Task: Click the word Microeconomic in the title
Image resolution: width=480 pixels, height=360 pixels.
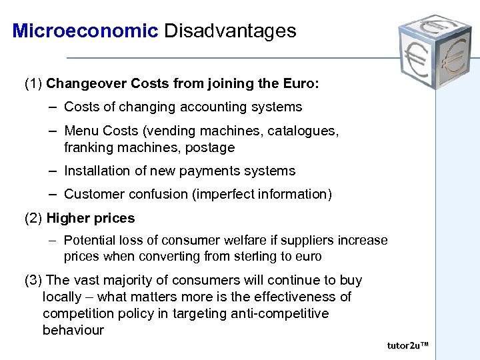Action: (x=85, y=31)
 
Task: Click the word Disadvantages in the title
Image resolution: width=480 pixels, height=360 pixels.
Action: (x=230, y=31)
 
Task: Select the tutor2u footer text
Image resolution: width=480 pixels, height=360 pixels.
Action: (x=407, y=345)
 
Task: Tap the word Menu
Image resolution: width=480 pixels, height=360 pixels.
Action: (x=81, y=131)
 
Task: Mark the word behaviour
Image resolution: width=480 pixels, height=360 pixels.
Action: (x=73, y=330)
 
